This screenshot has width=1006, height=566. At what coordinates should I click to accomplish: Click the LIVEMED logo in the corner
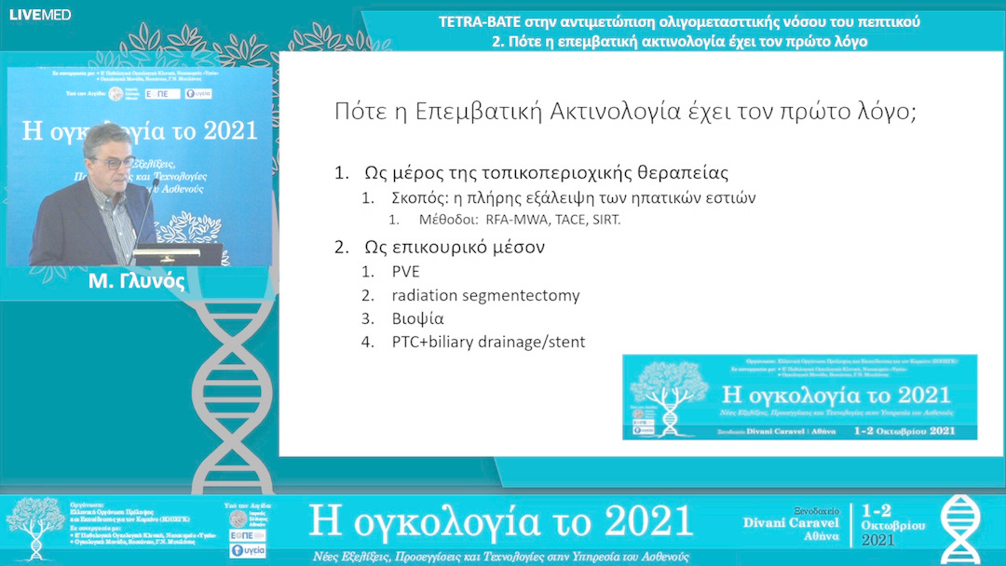coord(39,14)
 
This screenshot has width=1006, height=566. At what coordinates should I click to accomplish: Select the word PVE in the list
coord(405,272)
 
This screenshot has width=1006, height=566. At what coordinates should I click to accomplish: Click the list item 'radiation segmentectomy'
coord(485,295)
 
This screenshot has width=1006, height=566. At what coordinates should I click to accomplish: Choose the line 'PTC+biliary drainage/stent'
coord(488,342)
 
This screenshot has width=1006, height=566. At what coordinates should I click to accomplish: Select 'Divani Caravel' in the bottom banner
coord(795,523)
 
